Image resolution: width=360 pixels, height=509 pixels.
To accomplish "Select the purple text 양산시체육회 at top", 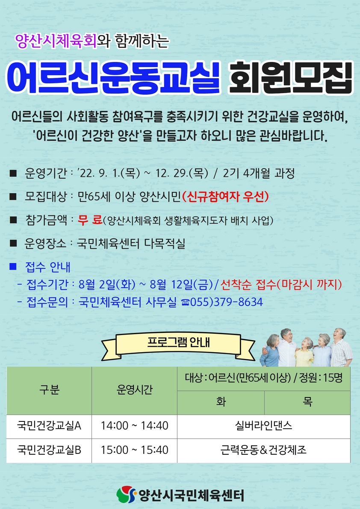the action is click(x=56, y=42).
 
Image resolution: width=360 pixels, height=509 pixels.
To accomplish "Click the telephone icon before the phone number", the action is click(x=186, y=303).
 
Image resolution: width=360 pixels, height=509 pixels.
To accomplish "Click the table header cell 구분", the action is click(x=49, y=391).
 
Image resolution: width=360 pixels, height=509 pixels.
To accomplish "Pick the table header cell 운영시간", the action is click(x=134, y=391).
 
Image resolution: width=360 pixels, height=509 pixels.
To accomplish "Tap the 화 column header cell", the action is click(x=221, y=403).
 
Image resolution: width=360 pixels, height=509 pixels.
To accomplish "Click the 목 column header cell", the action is click(x=307, y=403).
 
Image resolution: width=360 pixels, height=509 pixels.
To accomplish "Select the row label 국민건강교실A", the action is click(x=49, y=427).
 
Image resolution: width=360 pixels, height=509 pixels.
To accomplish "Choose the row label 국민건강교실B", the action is click(x=49, y=450).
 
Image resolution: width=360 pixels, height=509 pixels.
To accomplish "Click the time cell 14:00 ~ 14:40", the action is click(x=134, y=427).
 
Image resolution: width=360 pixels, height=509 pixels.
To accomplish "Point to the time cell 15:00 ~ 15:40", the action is click(x=134, y=450).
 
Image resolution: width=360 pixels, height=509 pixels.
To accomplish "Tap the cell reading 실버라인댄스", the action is click(x=264, y=427).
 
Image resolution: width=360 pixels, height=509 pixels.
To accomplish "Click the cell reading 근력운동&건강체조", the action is click(x=264, y=450).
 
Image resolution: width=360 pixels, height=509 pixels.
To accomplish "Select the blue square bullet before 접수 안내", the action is click(x=13, y=267).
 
